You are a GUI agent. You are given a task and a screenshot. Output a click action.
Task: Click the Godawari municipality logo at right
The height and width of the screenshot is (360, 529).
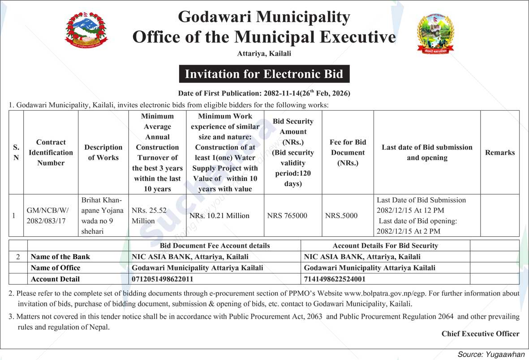click(435, 34)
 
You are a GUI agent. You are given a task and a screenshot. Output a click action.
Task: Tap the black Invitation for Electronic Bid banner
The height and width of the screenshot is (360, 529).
click(264, 74)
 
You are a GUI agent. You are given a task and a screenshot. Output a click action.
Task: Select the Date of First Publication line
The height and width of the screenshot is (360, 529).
click(264, 93)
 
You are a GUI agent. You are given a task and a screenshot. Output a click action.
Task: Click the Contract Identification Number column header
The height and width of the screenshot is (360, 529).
click(51, 152)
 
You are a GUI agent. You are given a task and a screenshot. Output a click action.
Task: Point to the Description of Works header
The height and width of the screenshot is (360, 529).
click(103, 152)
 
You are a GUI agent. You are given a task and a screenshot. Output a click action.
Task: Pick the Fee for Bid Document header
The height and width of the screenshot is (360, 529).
click(348, 152)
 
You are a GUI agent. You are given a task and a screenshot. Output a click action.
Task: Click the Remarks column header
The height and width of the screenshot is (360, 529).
click(499, 152)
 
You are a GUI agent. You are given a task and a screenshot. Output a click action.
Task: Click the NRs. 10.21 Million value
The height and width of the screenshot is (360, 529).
click(219, 216)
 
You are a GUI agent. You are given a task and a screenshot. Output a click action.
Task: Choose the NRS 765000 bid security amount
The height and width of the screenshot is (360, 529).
click(287, 216)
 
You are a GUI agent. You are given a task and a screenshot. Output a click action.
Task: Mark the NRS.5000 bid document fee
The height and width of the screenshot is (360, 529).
click(341, 216)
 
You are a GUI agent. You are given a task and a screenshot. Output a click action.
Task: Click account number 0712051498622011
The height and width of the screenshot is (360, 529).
click(163, 279)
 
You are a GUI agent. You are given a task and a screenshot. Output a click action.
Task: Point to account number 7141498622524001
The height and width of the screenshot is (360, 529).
click(335, 279)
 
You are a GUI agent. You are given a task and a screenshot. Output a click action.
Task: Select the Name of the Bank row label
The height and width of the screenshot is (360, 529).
click(60, 257)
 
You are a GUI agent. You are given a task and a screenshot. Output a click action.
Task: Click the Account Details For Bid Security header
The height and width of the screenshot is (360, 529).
click(385, 246)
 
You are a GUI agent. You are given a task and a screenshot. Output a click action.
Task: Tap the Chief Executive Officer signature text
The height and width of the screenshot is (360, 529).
click(480, 334)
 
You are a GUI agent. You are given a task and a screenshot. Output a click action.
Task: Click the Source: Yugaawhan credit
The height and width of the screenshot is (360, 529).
click(490, 354)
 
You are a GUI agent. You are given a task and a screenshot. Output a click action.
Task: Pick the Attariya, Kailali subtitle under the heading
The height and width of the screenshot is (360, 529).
click(264, 54)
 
